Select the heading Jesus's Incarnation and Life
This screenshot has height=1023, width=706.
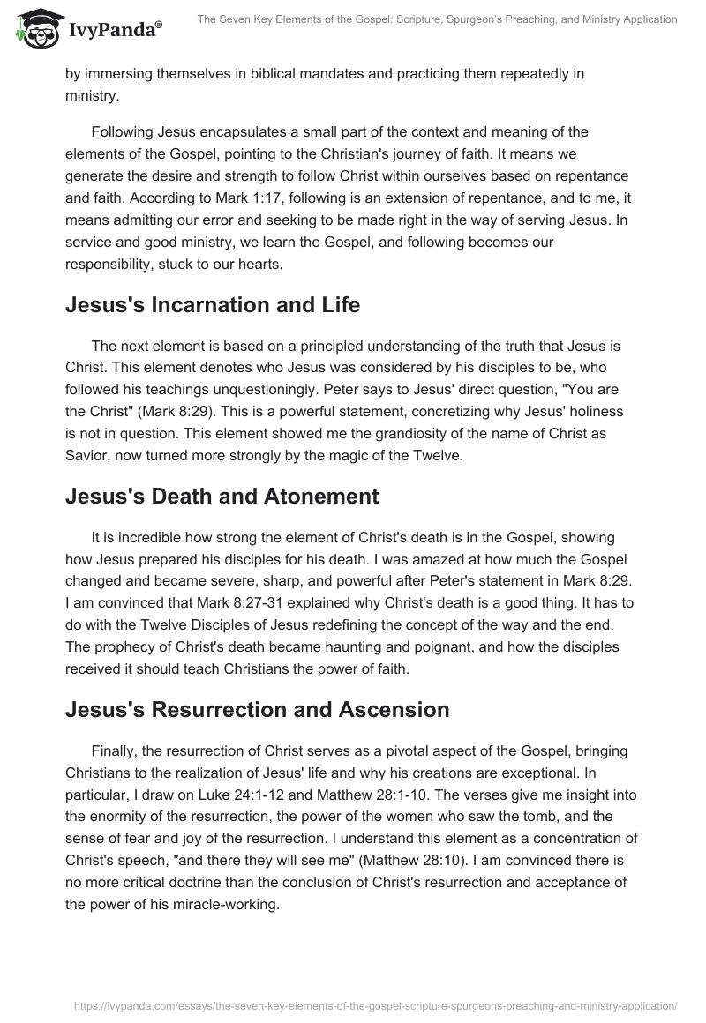pos(213,306)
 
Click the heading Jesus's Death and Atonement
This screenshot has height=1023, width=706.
pos(222,496)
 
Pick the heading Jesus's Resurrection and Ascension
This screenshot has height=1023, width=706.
pos(257,709)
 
